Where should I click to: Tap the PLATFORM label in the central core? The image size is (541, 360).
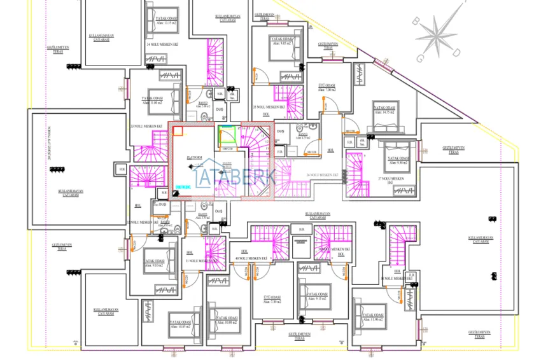[195, 156]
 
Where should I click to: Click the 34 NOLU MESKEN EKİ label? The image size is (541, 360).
[161, 45]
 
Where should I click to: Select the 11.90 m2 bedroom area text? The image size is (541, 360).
[373, 319]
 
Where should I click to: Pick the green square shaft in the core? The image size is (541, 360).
[225, 135]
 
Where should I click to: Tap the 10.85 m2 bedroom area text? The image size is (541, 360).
[181, 326]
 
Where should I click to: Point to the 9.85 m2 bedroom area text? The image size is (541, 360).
[281, 43]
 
